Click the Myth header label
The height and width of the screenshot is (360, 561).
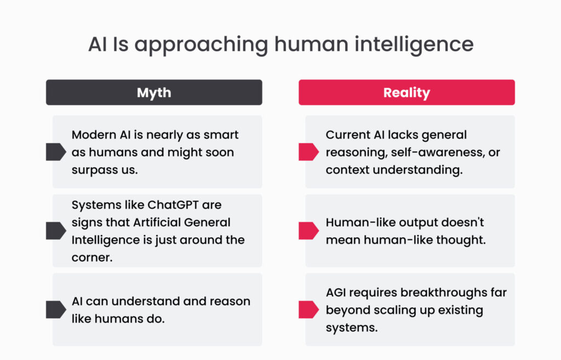[x=154, y=93]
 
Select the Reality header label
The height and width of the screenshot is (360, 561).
[x=407, y=93]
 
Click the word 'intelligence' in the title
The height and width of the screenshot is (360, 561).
[x=414, y=45]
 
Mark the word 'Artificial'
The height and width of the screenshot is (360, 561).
[x=157, y=222]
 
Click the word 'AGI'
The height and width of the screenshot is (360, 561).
[x=336, y=293]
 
